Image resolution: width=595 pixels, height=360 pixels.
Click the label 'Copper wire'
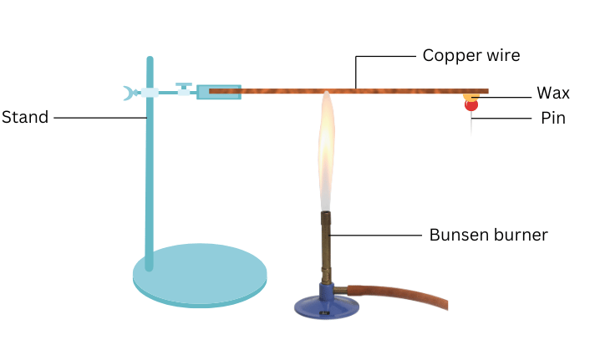(x=470, y=56)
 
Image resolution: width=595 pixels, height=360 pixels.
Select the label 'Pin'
(x=553, y=119)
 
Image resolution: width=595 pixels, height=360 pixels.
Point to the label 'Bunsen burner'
(x=488, y=235)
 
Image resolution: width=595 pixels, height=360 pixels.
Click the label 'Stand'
(x=24, y=118)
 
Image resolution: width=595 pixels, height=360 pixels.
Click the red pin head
(x=471, y=105)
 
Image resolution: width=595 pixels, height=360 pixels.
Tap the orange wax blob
(x=468, y=97)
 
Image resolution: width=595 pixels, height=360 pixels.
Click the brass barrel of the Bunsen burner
(x=326, y=246)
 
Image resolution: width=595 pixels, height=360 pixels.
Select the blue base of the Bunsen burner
(x=326, y=304)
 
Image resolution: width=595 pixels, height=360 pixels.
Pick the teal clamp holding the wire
(x=218, y=91)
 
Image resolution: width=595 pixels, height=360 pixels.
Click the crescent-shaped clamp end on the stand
(x=128, y=93)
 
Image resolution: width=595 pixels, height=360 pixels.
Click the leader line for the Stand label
(x=100, y=118)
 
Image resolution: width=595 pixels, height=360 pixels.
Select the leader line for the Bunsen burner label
(x=376, y=235)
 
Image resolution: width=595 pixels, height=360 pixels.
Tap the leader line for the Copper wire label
(x=384, y=57)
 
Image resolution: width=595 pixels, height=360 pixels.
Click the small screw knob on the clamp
(x=184, y=86)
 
